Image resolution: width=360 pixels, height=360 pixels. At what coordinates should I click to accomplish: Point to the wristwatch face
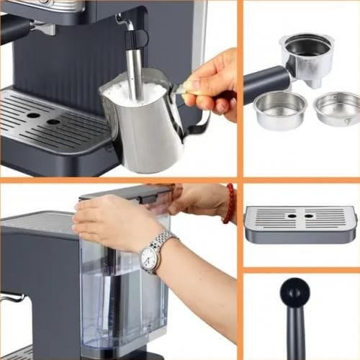150,257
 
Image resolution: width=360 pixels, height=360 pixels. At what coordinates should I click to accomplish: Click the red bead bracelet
230,204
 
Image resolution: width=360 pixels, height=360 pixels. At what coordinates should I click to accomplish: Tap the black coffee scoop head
294,292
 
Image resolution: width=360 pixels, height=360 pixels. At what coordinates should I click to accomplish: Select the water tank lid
126,192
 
